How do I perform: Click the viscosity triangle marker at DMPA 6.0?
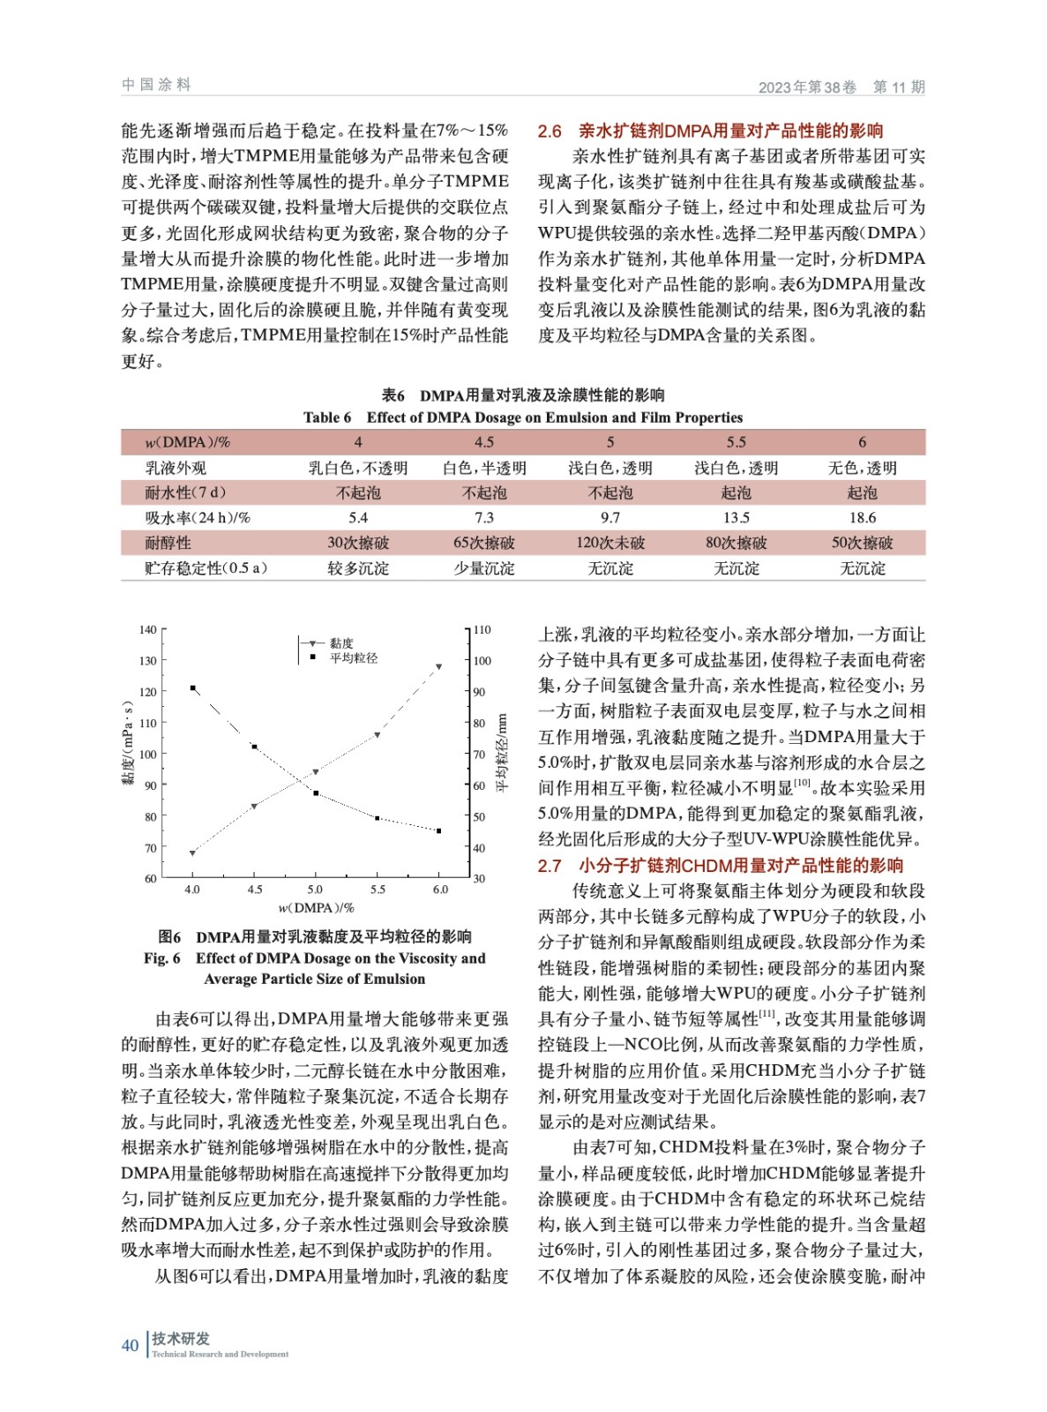tap(439, 667)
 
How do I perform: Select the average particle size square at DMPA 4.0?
tap(192, 687)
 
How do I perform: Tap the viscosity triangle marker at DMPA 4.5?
tap(254, 806)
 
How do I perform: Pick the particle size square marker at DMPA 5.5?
tap(378, 818)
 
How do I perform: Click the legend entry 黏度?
tap(341, 643)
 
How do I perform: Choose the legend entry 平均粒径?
tap(353, 657)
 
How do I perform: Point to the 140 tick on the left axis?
tap(147, 630)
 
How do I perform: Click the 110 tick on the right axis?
tap(482, 630)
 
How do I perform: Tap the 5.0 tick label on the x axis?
tap(315, 890)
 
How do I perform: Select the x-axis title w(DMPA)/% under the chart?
tap(316, 907)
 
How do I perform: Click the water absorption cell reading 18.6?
tap(862, 518)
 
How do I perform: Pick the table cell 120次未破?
tap(610, 543)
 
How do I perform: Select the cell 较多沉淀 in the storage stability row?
tap(358, 568)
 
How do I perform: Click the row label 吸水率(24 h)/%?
tap(198, 518)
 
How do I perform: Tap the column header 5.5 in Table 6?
tap(736, 442)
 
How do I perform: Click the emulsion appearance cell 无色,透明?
tap(862, 468)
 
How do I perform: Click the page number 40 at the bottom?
tap(130, 1345)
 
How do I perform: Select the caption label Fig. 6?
tap(162, 958)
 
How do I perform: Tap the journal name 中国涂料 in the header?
tap(156, 85)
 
